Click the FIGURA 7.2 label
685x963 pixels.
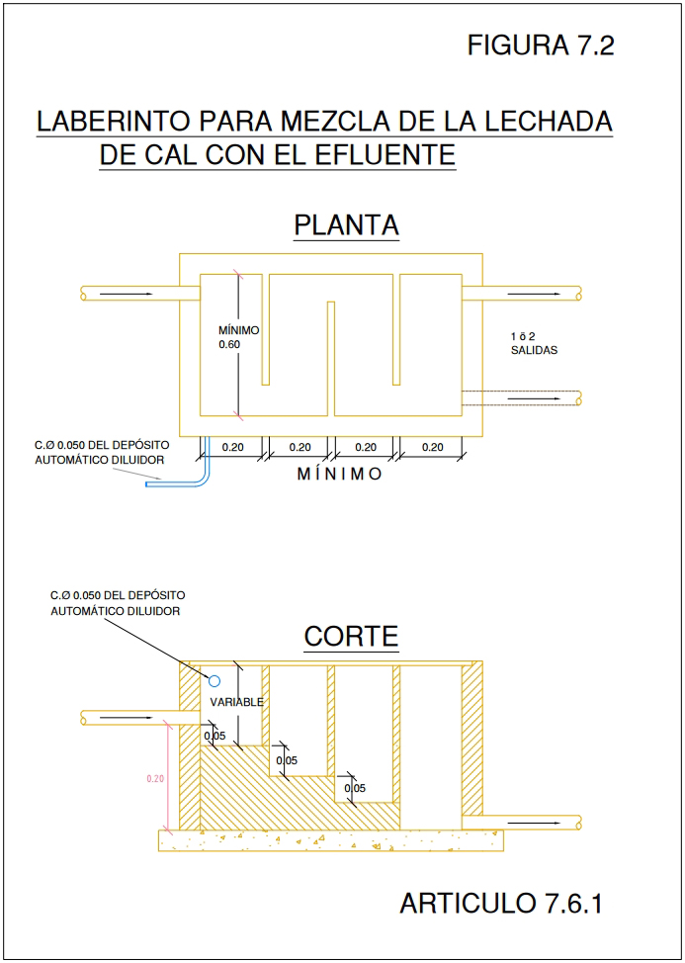click(540, 45)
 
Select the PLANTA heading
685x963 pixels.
click(346, 224)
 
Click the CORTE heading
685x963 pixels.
click(351, 637)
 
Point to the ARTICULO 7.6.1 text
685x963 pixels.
click(501, 904)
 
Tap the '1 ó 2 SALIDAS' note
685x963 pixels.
click(534, 344)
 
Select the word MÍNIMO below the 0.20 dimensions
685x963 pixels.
click(339, 475)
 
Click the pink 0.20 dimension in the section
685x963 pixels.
click(155, 779)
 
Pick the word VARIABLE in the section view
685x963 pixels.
click(236, 703)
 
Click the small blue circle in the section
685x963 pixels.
click(214, 680)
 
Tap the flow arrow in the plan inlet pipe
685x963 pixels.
click(126, 295)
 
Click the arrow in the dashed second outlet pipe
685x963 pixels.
click(534, 398)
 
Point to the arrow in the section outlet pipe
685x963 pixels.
click(534, 823)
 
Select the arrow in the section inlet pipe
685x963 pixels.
click(126, 718)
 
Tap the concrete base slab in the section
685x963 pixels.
click(331, 840)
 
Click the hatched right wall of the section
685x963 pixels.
click(472, 739)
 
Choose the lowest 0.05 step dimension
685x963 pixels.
click(355, 788)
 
